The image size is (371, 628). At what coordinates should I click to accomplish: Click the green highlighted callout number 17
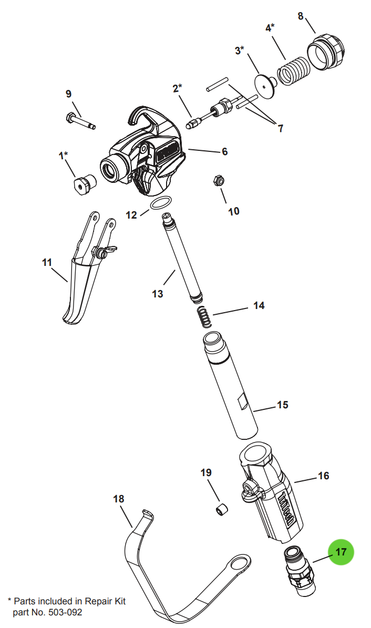point(341,552)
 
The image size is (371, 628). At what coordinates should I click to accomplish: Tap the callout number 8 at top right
point(301,16)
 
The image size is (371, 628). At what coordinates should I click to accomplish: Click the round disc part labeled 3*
point(265,83)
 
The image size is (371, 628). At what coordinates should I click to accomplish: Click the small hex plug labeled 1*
point(84,183)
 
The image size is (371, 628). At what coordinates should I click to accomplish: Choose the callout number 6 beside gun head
point(224,151)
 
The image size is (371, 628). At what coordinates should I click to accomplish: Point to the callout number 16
point(324,476)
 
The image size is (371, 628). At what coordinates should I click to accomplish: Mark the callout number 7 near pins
point(280,128)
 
